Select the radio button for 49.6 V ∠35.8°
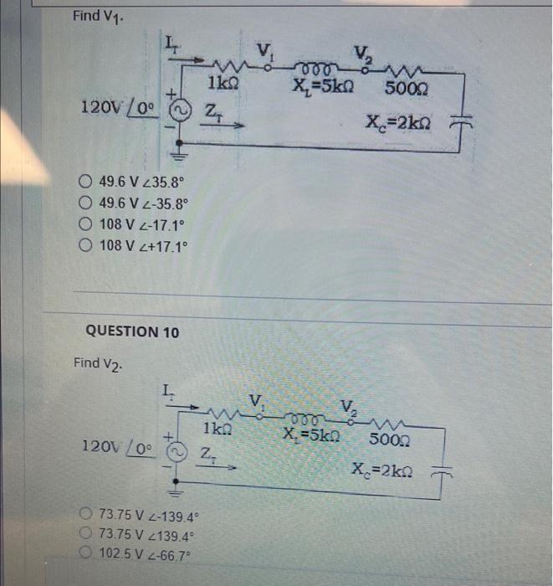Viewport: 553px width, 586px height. [86, 182]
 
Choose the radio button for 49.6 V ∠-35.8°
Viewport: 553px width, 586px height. [86, 203]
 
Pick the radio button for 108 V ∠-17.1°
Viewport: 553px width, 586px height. [86, 224]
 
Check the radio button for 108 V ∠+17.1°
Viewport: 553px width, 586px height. [86, 245]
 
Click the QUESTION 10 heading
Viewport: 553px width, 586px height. [132, 332]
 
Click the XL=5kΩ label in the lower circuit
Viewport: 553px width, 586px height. [310, 435]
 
